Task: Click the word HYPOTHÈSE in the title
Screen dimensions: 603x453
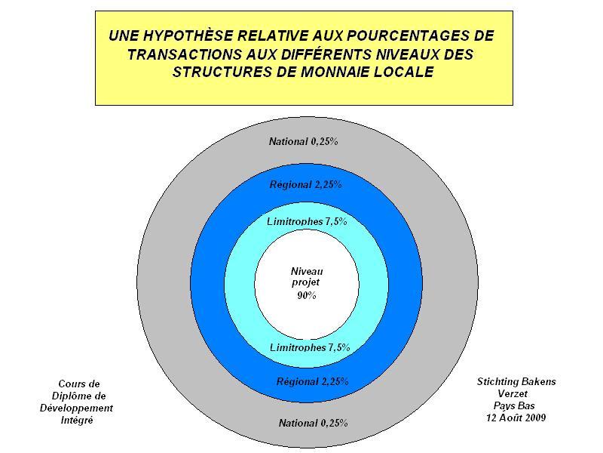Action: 188,35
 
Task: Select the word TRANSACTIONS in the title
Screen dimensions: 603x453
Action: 185,54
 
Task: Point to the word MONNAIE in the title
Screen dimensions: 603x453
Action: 335,72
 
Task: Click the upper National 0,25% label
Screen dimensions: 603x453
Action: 304,142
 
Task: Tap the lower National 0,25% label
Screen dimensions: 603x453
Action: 314,423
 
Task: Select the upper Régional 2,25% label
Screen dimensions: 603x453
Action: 306,184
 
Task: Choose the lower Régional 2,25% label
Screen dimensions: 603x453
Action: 313,382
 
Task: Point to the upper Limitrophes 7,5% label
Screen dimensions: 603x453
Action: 307,221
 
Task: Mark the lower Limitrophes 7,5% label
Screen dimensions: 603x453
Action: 310,347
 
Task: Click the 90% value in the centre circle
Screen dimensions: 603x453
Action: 307,295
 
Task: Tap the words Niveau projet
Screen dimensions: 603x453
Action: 307,276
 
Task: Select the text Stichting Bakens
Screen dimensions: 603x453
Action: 516,382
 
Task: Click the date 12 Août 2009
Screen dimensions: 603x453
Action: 516,418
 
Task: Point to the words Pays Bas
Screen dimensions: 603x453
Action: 514,405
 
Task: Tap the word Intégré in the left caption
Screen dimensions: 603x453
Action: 77,420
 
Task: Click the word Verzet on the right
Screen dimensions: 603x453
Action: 513,393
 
